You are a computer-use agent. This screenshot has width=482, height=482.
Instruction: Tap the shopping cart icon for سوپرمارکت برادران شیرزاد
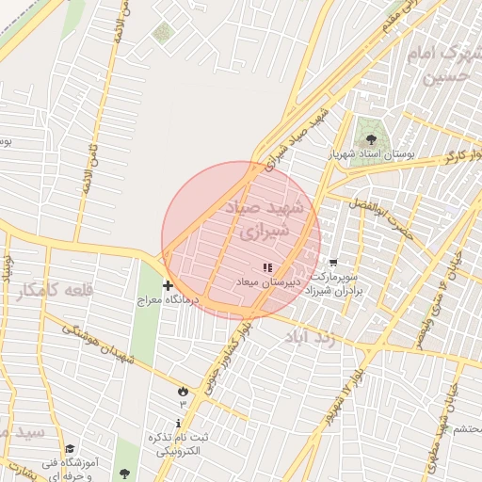tap(332, 264)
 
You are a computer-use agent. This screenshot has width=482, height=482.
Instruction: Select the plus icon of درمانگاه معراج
tap(168, 284)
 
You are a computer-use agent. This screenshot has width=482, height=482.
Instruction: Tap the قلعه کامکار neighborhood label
tap(56, 291)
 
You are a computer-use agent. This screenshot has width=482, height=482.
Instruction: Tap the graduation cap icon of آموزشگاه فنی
tap(70, 449)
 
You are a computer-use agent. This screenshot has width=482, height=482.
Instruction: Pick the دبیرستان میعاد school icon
tap(267, 267)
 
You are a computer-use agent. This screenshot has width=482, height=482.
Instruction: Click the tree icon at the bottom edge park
tap(124, 471)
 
